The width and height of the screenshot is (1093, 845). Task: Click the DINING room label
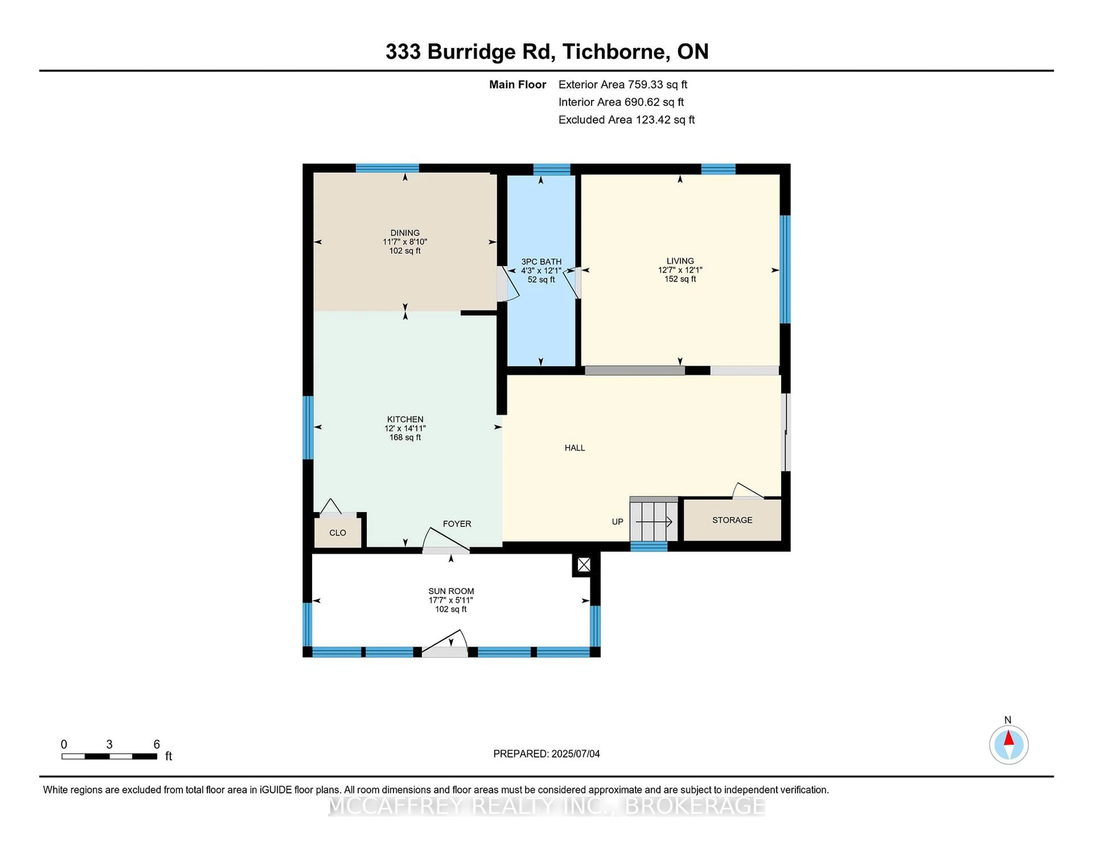coord(405,233)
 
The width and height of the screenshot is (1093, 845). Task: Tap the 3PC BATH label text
coord(541,261)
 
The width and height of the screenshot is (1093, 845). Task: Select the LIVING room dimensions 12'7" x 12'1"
coord(680,270)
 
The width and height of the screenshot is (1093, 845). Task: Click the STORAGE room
coord(732,520)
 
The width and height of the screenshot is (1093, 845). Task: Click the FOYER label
coord(457,524)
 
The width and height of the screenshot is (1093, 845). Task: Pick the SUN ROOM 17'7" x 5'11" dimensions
coord(450,600)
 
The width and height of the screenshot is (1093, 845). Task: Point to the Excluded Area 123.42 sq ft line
coord(626,120)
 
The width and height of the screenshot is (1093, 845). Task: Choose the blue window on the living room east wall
coord(785,269)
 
